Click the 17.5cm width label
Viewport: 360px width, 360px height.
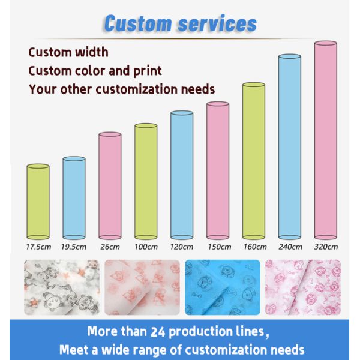click(x=38, y=246)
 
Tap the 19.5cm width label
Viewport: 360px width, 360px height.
click(x=74, y=246)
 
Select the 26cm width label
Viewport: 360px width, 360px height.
click(x=110, y=246)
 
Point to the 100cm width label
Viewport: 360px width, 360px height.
click(x=146, y=246)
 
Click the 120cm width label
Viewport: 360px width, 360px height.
click(x=182, y=246)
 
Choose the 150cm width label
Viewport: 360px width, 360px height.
click(x=218, y=246)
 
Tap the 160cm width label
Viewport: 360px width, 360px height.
click(x=254, y=246)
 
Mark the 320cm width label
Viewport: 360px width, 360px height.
click(x=326, y=246)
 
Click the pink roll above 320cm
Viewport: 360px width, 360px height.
click(x=326, y=138)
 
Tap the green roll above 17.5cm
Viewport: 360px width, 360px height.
click(x=38, y=201)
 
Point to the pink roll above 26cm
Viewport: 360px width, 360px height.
click(x=110, y=186)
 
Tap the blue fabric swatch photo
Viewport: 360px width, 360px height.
click(x=223, y=287)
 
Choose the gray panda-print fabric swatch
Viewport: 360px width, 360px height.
click(x=61, y=287)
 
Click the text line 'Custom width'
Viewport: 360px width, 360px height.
click(x=68, y=52)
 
